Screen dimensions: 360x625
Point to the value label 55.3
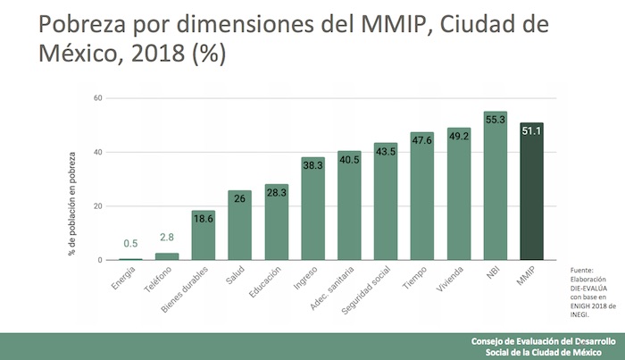coord(496,118)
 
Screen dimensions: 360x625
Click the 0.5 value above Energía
coord(130,244)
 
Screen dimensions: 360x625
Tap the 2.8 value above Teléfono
coord(167,238)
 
